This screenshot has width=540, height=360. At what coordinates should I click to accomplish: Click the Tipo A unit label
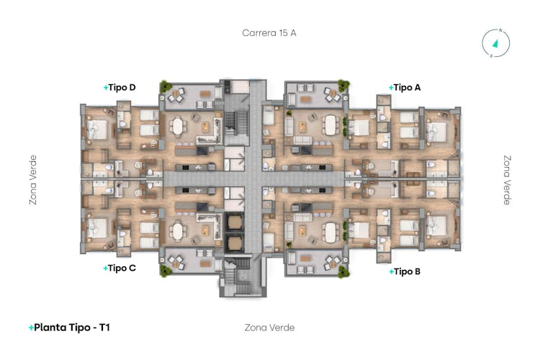405,88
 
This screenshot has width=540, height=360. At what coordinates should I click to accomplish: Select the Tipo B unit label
405,271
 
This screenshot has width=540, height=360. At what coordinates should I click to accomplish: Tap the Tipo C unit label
120,268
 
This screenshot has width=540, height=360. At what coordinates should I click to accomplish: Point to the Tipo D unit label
120,88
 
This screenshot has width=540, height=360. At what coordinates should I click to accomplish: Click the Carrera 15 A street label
269,32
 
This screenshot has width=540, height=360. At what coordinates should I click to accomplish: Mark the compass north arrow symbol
496,43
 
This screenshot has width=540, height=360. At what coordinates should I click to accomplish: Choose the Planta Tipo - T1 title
69,328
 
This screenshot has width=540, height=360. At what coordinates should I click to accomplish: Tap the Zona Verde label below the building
270,328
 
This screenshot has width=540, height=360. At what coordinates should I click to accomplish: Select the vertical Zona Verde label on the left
32,180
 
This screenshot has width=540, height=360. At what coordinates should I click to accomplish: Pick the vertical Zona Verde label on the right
507,180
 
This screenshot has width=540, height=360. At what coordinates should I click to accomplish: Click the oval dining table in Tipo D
177,126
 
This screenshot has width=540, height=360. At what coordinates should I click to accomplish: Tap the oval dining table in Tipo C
177,231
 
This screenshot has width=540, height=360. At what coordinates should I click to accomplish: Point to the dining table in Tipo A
330,125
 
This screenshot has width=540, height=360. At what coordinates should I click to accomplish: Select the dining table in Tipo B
330,232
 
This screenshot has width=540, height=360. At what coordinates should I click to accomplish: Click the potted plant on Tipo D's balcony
166,86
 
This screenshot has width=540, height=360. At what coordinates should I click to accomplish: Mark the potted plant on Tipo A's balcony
343,85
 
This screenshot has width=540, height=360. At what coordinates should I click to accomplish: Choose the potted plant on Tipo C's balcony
166,271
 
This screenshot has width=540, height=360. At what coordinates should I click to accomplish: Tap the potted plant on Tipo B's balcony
343,271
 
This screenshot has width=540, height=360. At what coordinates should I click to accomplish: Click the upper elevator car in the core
234,222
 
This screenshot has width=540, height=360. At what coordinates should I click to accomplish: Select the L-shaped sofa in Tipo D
210,131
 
